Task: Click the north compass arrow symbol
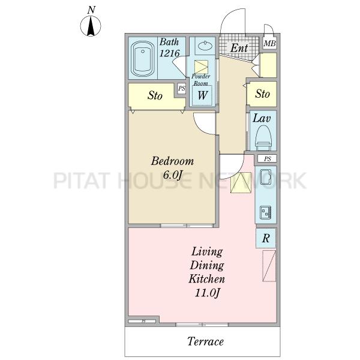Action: coord(91,26)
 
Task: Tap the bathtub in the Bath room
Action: coord(142,59)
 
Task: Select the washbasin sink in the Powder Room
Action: coord(205,46)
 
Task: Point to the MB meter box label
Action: coord(269,43)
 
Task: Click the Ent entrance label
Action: coord(239,48)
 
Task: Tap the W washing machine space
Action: coord(202,95)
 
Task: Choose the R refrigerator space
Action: coord(266,238)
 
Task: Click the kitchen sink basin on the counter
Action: coord(266,177)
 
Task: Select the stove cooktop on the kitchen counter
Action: coord(266,212)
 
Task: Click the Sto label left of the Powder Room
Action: coord(155,95)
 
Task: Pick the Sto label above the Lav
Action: coord(262,94)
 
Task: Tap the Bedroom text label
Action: coord(172,161)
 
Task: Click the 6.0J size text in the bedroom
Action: coord(172,175)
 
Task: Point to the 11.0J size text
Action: coord(207,293)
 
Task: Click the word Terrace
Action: coord(205,341)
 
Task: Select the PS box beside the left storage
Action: coord(182,88)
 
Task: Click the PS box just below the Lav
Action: coord(267,158)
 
